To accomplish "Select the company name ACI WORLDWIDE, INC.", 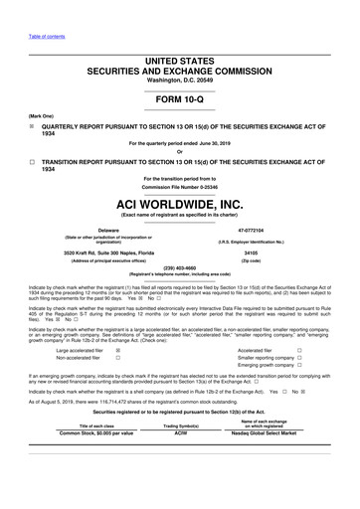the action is [x=180, y=203].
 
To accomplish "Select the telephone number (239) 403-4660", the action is [x=180, y=266].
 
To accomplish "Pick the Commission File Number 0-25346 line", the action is [x=180, y=187].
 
